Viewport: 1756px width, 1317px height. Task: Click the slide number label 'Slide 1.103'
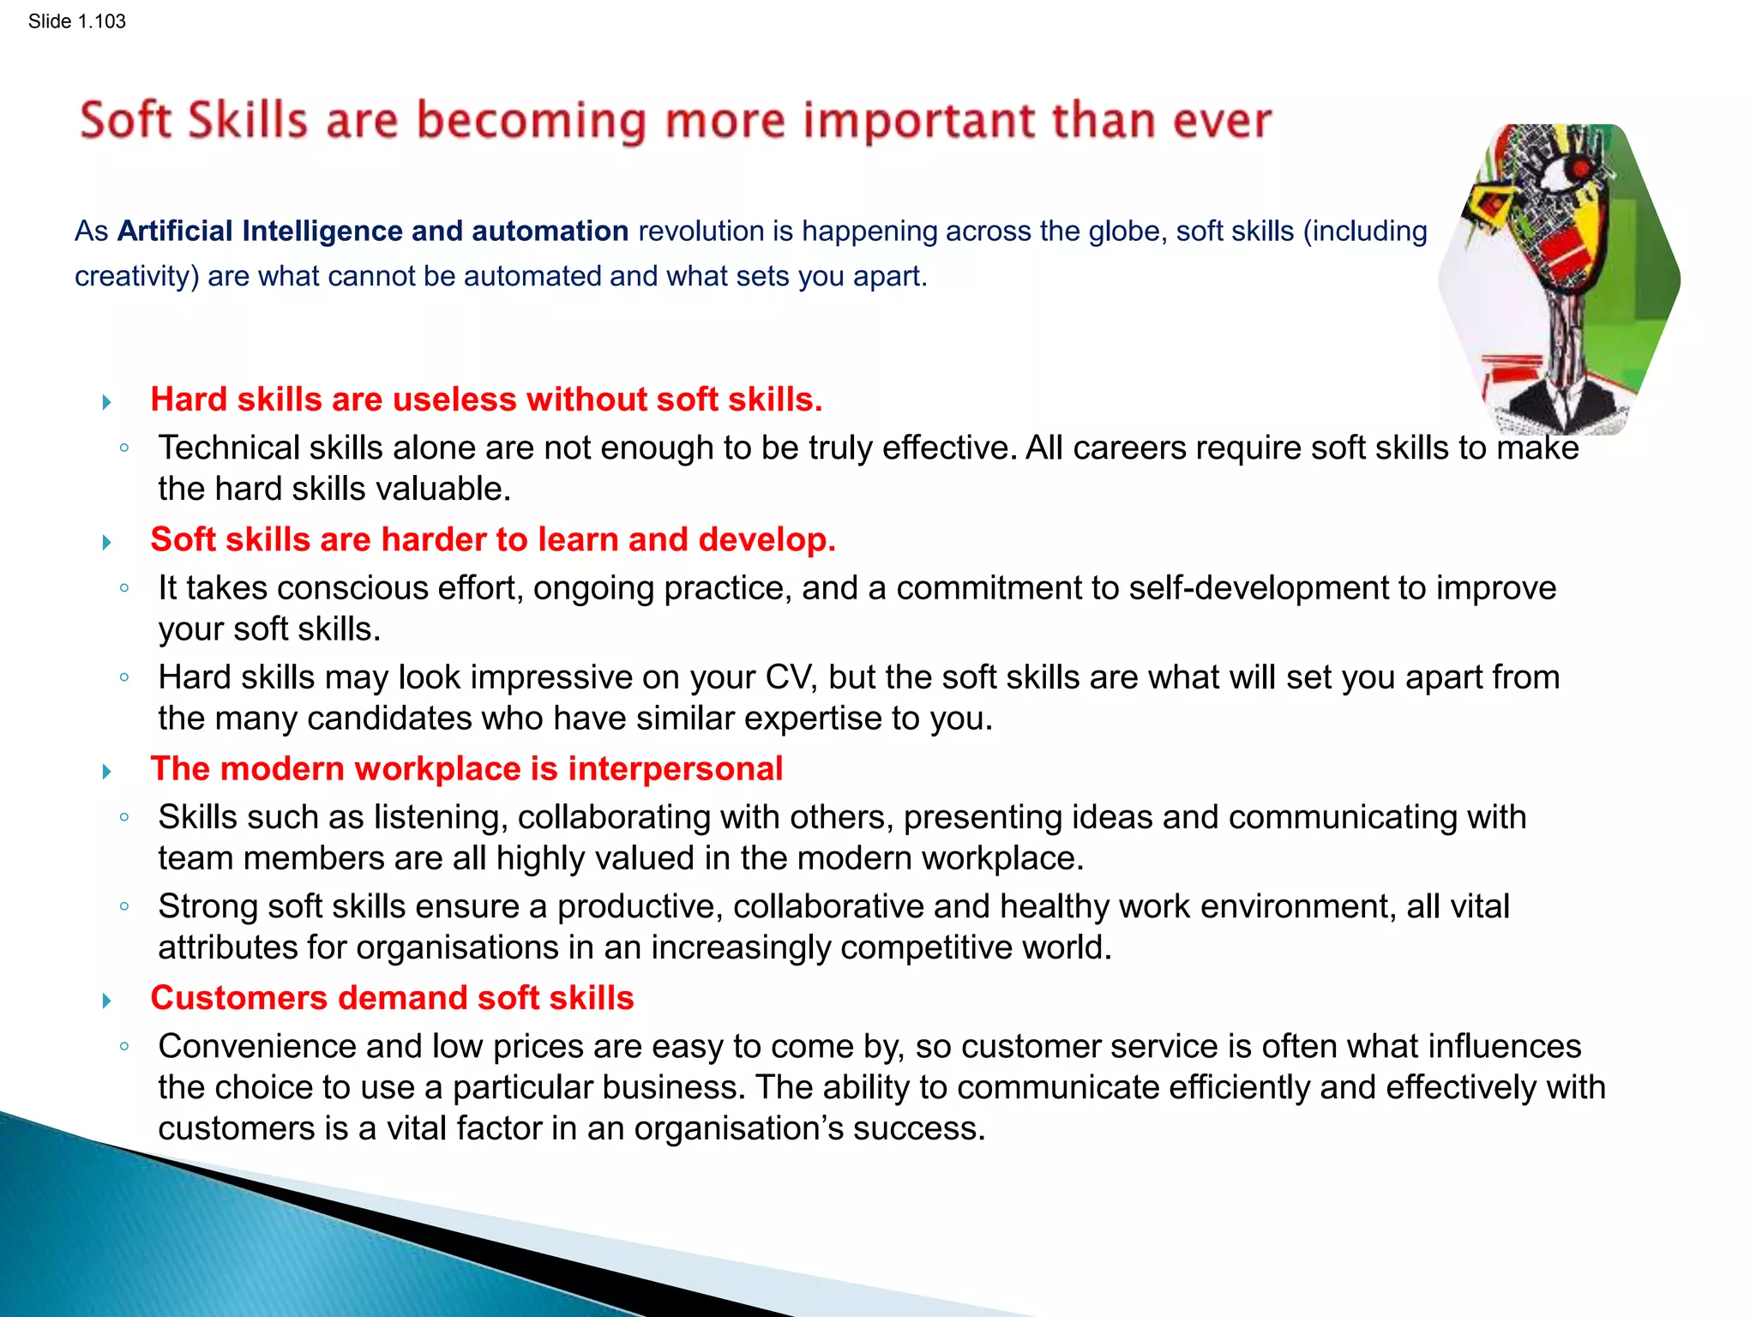click(x=76, y=21)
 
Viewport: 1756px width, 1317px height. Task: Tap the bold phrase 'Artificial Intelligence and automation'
click(x=373, y=232)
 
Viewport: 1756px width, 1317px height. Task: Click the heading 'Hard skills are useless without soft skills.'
click(x=486, y=400)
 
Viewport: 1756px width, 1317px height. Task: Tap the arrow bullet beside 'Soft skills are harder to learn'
click(x=106, y=542)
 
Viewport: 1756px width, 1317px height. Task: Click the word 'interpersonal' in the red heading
click(x=675, y=769)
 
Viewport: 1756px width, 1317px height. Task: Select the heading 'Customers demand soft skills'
click(x=392, y=998)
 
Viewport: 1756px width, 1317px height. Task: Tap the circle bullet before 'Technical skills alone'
click(x=125, y=448)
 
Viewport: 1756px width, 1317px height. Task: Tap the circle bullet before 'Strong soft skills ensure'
click(x=125, y=906)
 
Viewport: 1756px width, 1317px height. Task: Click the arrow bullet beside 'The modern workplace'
click(x=106, y=772)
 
